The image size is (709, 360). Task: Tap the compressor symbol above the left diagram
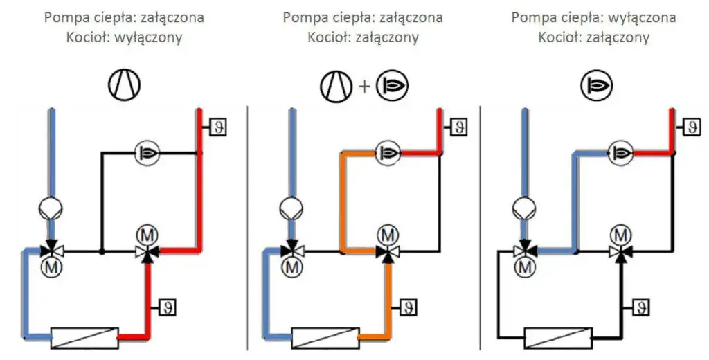pos(123,84)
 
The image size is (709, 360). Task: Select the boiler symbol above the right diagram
pos(596,85)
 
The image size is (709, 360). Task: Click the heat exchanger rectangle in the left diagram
pos(84,338)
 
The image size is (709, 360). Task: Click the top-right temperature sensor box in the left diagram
pos(217,127)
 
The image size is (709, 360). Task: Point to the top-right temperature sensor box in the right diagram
pos(690,127)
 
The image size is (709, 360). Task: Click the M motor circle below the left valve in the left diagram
pos(50,266)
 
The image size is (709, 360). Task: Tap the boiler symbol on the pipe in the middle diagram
pos(386,152)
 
